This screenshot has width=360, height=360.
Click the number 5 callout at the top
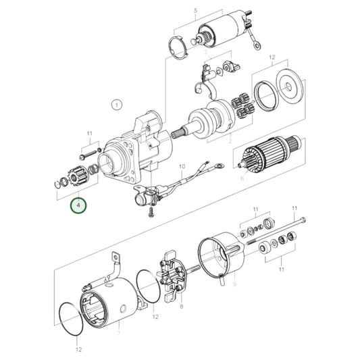point(195,11)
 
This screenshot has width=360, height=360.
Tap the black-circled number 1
point(116,105)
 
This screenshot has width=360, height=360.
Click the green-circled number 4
point(79,203)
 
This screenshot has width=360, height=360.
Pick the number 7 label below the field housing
point(181,306)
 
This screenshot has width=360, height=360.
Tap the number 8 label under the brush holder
point(234,285)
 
